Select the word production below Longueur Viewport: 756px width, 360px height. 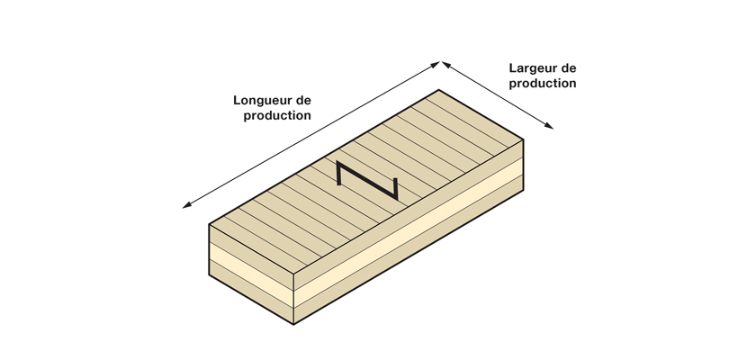click(x=277, y=116)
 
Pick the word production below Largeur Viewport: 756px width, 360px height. click(x=543, y=84)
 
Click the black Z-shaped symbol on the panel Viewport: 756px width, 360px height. click(x=367, y=180)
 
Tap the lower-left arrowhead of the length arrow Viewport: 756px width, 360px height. click(x=186, y=206)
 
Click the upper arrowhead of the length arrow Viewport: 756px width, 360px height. click(x=436, y=64)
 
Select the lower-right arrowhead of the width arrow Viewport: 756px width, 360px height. click(x=549, y=126)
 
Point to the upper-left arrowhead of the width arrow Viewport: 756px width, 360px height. click(x=446, y=64)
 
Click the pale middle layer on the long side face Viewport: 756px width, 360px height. click(x=409, y=232)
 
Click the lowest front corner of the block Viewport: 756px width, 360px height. click(x=293, y=324)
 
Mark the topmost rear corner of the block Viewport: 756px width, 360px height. click(x=439, y=90)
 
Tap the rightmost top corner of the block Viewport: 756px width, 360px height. click(x=524, y=139)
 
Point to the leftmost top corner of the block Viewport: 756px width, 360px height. click(x=209, y=224)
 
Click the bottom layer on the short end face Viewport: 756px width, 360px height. click(x=251, y=292)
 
